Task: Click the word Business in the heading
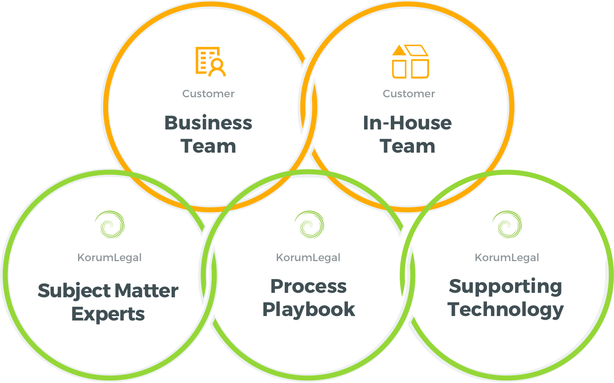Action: (x=208, y=123)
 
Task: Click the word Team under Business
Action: (x=208, y=146)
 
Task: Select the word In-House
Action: (x=407, y=123)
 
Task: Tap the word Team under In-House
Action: (x=407, y=146)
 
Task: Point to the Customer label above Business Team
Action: (x=209, y=94)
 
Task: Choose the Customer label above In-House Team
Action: (x=409, y=94)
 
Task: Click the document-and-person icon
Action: (x=210, y=62)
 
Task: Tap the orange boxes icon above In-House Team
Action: (x=410, y=62)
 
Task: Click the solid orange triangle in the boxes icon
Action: (x=399, y=50)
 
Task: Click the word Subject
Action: (x=74, y=291)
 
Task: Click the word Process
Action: (x=308, y=287)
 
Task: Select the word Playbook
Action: (x=309, y=310)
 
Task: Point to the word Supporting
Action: (x=505, y=287)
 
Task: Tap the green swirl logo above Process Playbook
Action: (x=309, y=224)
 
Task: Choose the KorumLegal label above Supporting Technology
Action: (x=507, y=258)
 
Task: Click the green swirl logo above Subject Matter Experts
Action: (x=110, y=224)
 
